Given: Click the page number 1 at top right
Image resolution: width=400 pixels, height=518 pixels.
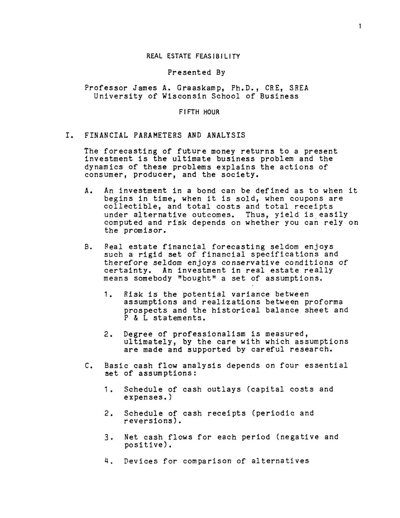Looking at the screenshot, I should click(x=360, y=26).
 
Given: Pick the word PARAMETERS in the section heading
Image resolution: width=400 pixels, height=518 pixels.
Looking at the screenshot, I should click(x=157, y=135).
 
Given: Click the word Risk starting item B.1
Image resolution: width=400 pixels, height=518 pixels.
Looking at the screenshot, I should click(x=133, y=294).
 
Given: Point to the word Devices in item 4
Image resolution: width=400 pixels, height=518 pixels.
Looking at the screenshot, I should click(x=141, y=461).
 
